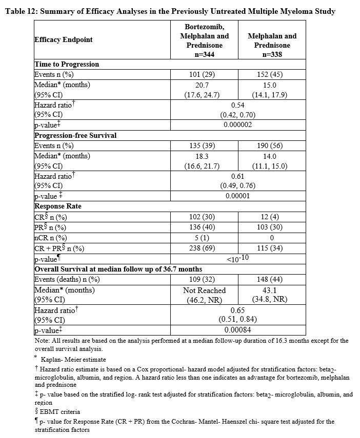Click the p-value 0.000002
[237, 124]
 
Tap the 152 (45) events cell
[272, 74]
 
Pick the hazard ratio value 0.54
[237, 105]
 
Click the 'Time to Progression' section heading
[66, 65]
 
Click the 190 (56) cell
[272, 145]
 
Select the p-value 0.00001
[237, 196]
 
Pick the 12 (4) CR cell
[272, 217]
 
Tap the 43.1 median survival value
[272, 290]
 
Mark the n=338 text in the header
[272, 54]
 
